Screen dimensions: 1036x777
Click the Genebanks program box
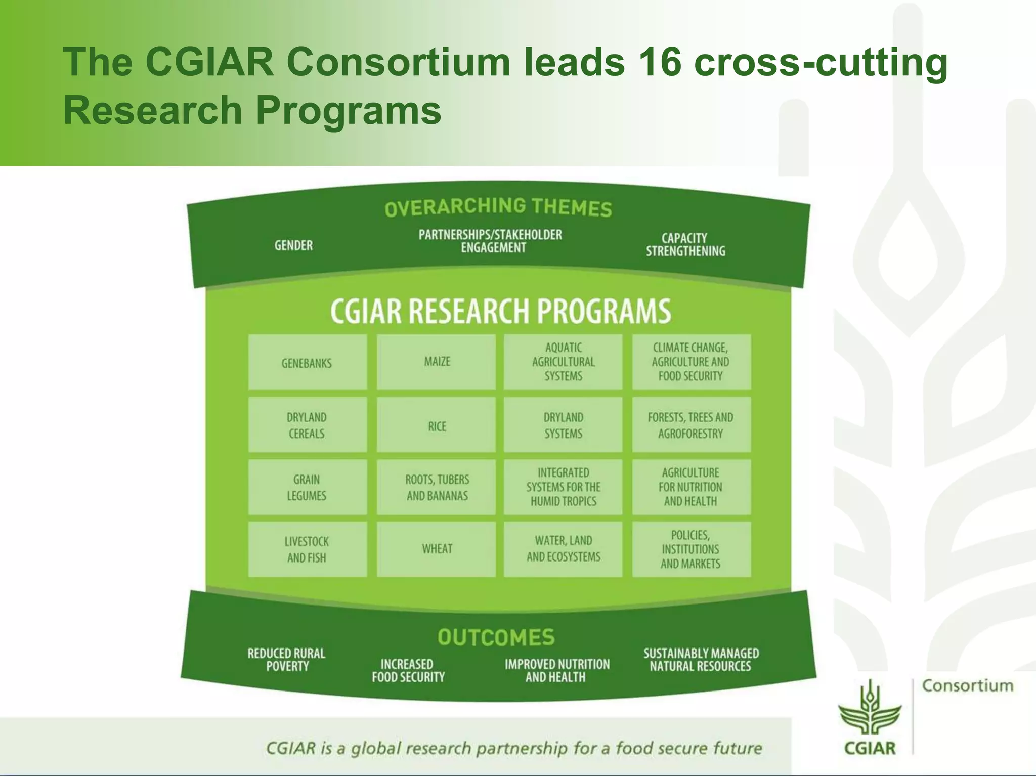(x=307, y=362)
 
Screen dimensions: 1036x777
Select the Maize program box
(x=436, y=362)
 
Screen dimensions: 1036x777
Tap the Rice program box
(x=436, y=425)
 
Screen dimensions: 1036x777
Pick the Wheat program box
(x=436, y=549)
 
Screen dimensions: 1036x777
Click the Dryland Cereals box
(x=307, y=425)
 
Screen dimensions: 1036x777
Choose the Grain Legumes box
(x=307, y=487)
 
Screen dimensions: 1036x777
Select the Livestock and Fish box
(x=307, y=549)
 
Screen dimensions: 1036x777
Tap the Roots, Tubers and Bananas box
(x=436, y=487)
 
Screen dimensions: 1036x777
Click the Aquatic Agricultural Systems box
(x=563, y=362)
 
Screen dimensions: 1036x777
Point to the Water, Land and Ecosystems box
(x=563, y=549)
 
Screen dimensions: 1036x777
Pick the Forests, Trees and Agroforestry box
(x=691, y=425)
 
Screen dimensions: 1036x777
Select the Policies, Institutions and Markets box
(x=691, y=549)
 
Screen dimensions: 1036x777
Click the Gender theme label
(x=293, y=246)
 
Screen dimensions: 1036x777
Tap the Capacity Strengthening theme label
(x=685, y=245)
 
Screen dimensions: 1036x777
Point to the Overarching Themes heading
(x=498, y=207)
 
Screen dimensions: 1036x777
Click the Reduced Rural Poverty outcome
(x=286, y=660)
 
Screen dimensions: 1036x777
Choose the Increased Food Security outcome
(x=408, y=670)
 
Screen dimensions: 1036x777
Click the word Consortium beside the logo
(x=967, y=686)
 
